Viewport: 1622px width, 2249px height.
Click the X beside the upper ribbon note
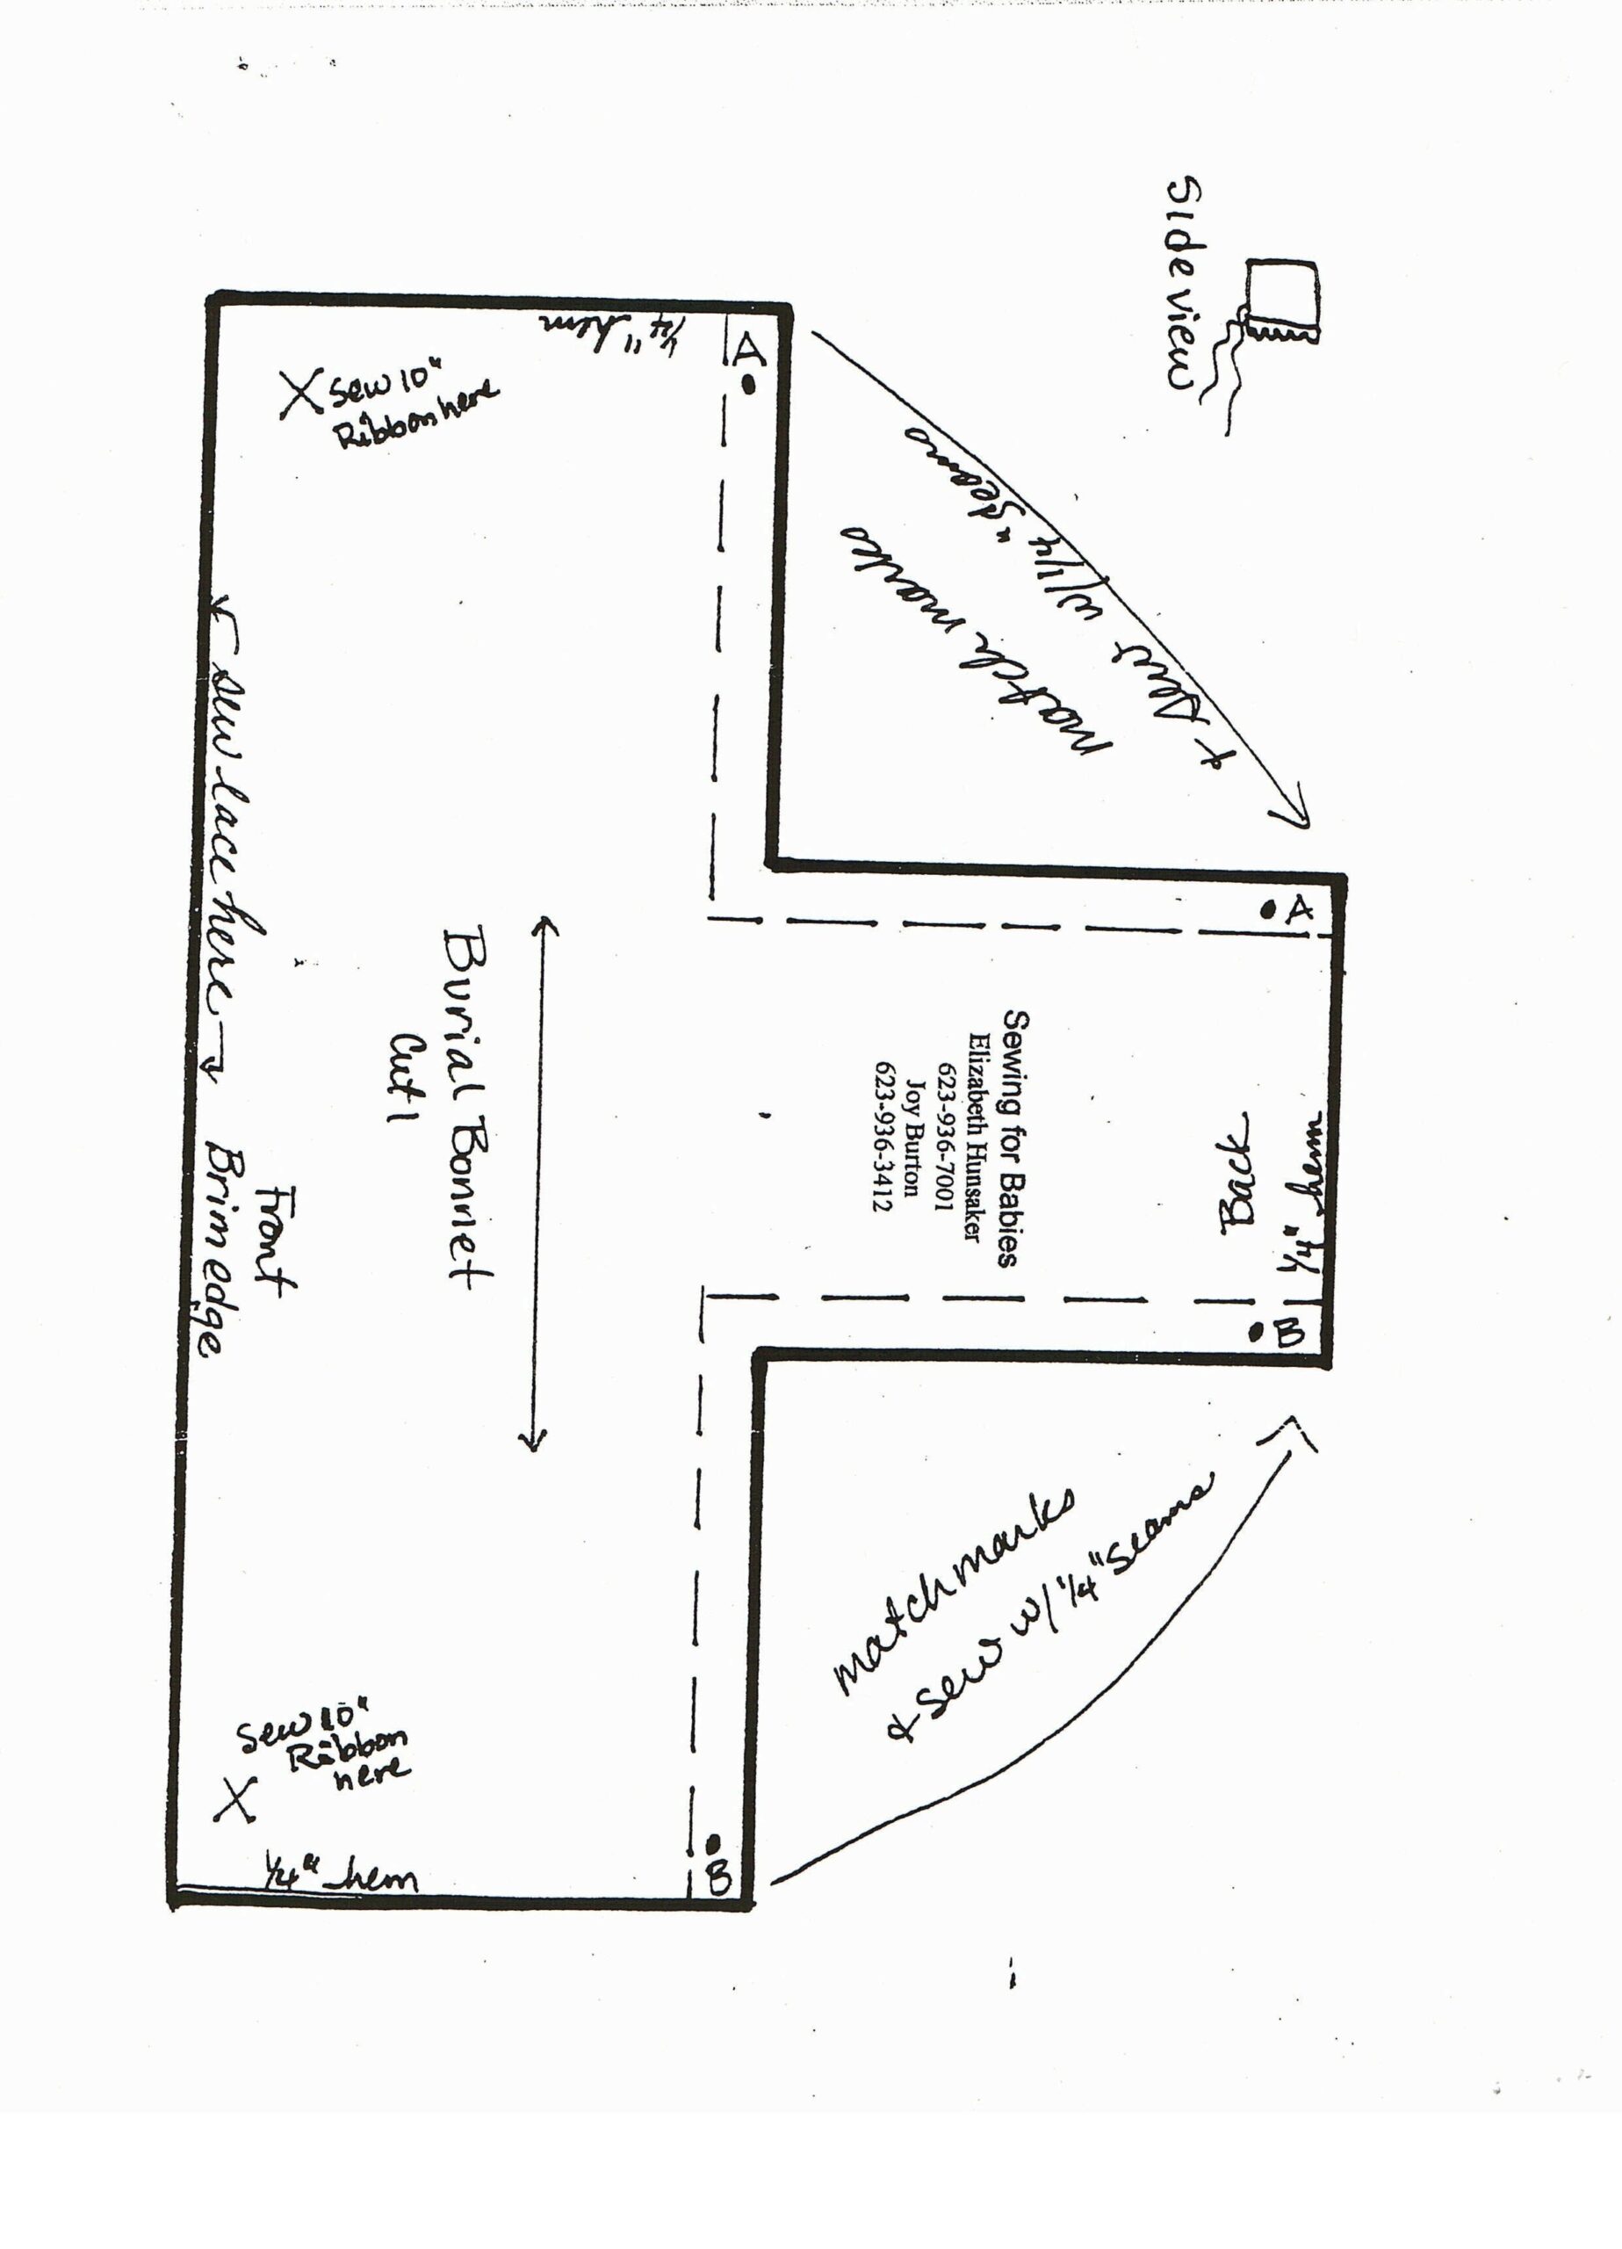300,394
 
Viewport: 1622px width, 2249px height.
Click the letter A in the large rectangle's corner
748,347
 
